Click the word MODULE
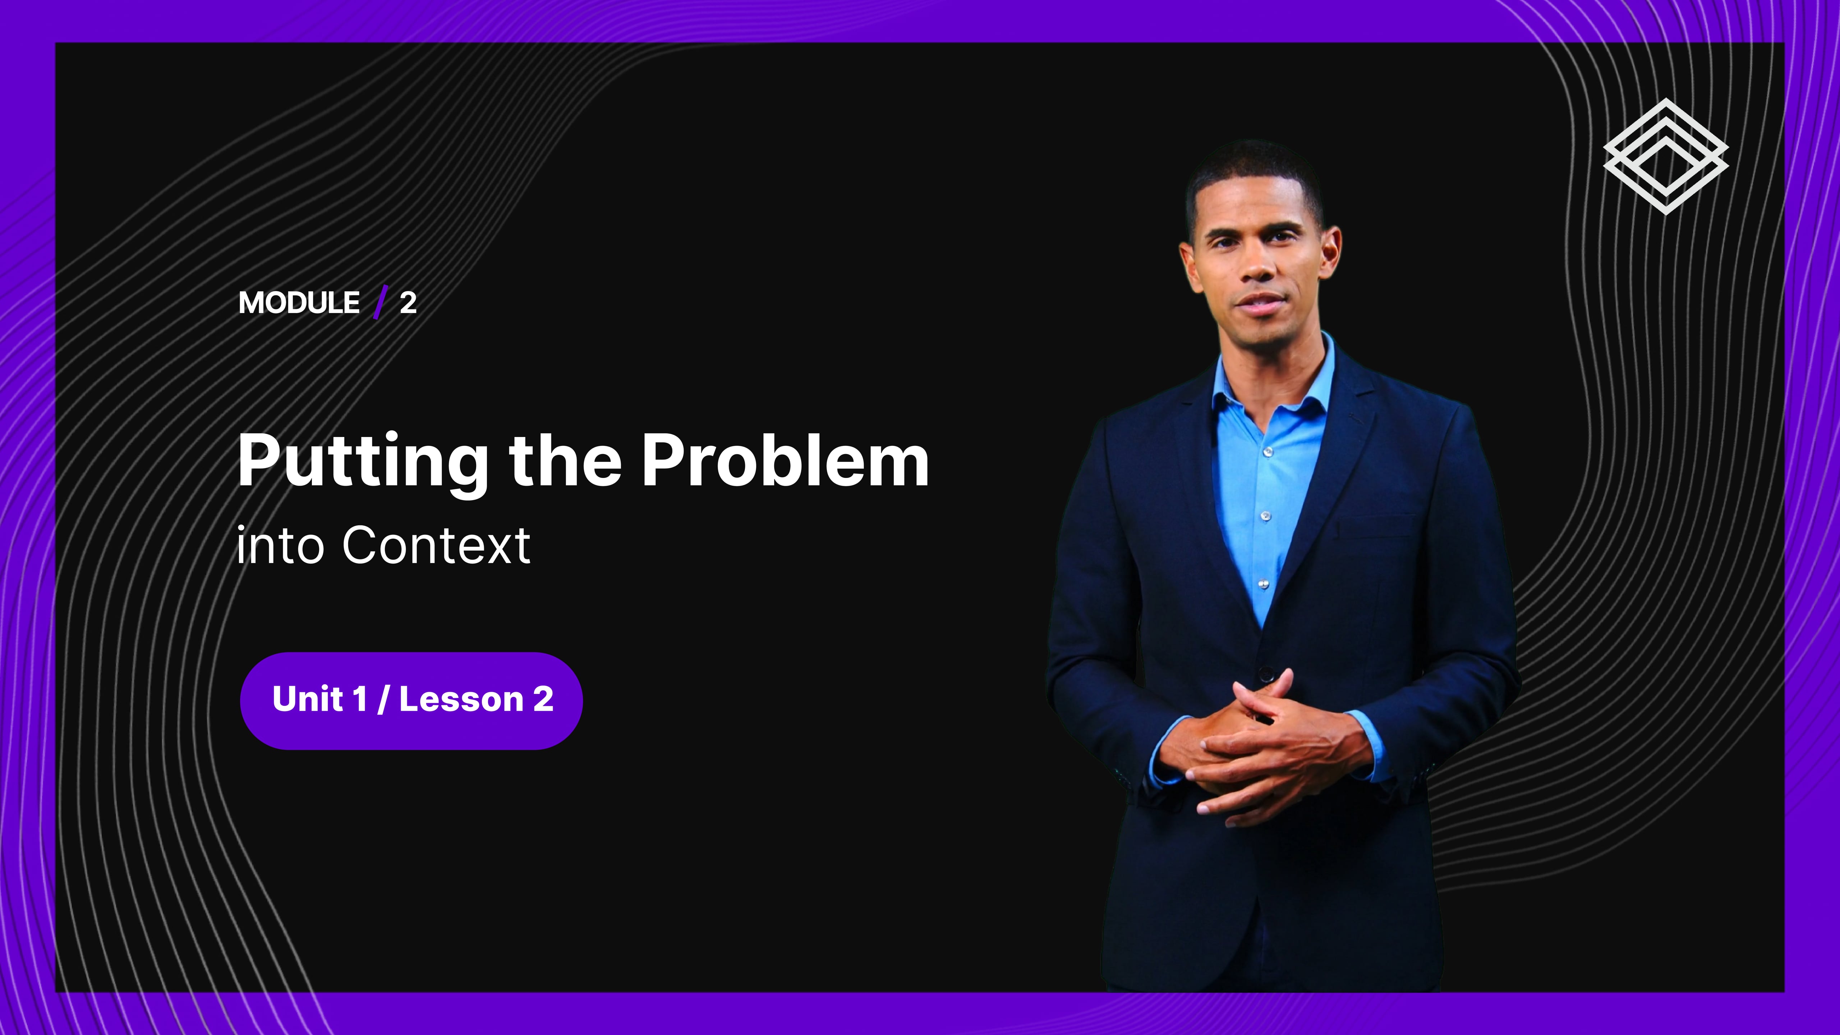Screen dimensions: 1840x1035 pos(299,303)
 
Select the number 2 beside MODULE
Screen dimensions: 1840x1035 pos(408,303)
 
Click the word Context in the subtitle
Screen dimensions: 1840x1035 pos(436,545)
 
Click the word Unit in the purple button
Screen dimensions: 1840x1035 pos(307,699)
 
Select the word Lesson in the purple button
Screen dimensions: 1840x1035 pos(461,699)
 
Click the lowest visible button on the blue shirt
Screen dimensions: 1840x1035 pos(1263,584)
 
